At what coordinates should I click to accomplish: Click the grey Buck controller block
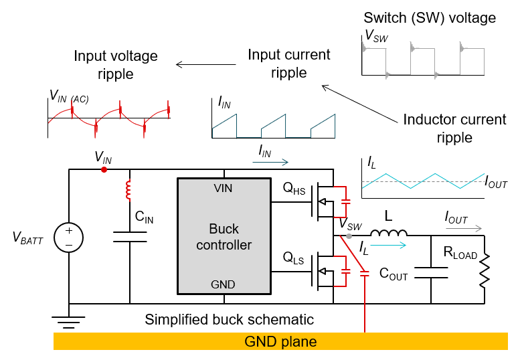tap(224, 236)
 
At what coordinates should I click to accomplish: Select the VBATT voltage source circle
tap(68, 238)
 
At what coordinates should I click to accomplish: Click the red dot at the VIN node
tap(104, 170)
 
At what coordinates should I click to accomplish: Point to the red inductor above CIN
tap(128, 191)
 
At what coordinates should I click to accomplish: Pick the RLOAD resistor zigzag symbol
tap(483, 271)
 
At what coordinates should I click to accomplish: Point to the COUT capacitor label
tap(393, 274)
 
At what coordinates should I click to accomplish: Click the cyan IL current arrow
tap(389, 246)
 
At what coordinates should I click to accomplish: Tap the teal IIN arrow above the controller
tap(274, 161)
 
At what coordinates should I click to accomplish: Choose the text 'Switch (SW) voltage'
tap(429, 18)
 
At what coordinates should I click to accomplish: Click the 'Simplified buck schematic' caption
tap(230, 319)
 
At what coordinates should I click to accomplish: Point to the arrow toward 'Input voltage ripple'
tap(207, 64)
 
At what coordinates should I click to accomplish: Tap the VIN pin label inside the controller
tap(222, 188)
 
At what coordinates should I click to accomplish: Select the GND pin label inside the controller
tap(223, 284)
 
